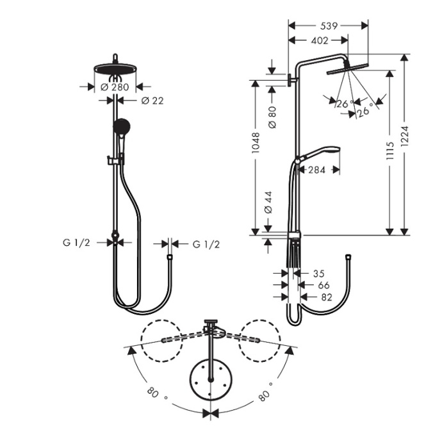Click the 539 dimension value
click(x=329, y=26)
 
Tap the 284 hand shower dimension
click(x=317, y=170)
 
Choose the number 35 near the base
click(x=319, y=273)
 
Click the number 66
click(x=323, y=284)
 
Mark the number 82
click(x=327, y=297)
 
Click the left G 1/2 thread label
click(x=76, y=243)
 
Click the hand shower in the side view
click(x=320, y=154)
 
